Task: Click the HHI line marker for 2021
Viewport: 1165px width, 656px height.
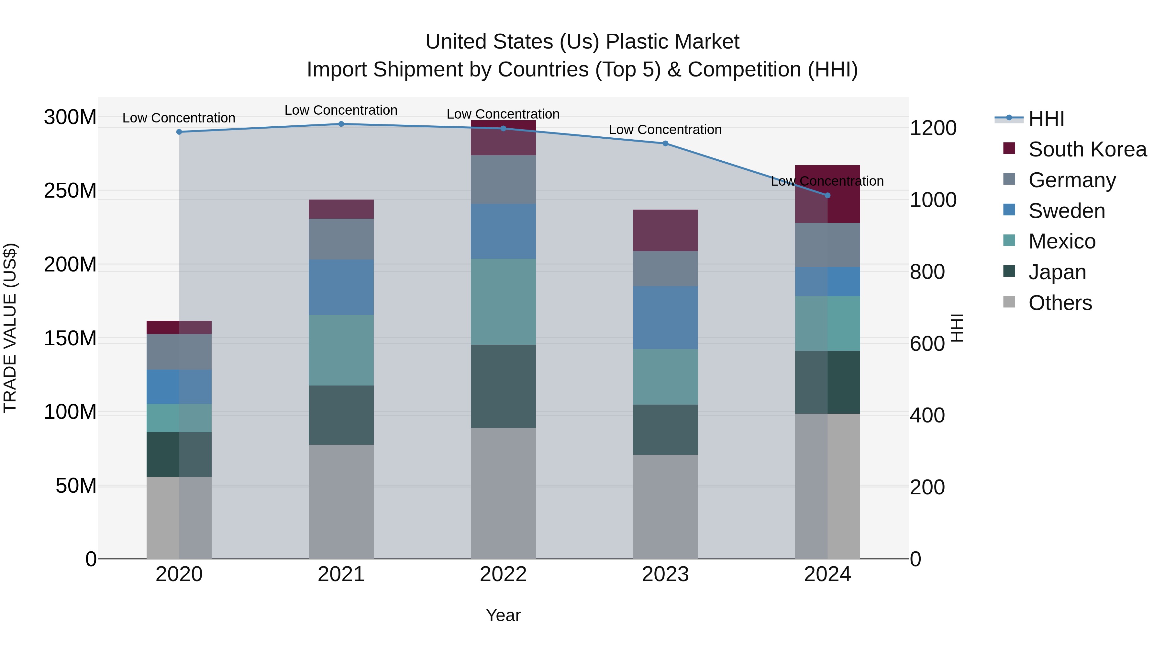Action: click(x=341, y=124)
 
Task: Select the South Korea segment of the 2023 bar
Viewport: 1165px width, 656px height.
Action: click(x=665, y=230)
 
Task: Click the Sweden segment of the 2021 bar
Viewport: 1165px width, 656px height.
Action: click(x=341, y=287)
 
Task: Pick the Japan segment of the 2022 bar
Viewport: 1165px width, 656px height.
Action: click(x=503, y=386)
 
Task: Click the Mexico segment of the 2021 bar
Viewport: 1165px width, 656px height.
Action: click(x=341, y=350)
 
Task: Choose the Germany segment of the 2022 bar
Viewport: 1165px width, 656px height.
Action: click(x=503, y=180)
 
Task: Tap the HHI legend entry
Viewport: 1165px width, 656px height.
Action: click(x=1046, y=119)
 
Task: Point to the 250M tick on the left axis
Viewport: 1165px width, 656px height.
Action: click(x=70, y=190)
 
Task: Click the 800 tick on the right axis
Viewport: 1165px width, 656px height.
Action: click(x=927, y=272)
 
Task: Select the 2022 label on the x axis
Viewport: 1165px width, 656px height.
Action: click(x=503, y=574)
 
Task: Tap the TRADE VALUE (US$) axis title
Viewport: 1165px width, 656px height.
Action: click(x=10, y=328)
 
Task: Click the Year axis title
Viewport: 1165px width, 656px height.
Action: click(x=503, y=615)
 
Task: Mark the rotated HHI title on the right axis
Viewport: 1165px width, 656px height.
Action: click(x=957, y=328)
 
